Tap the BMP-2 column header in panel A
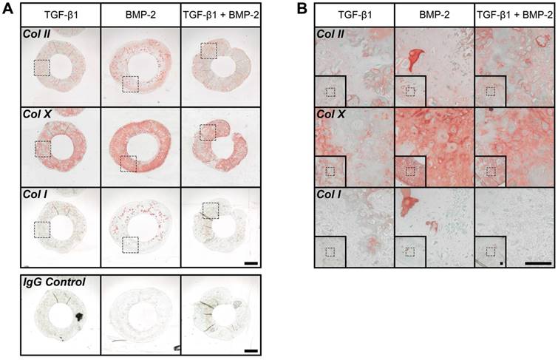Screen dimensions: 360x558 point(140,14)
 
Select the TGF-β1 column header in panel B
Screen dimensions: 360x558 point(354,14)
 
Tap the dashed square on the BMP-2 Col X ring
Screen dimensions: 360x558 point(129,163)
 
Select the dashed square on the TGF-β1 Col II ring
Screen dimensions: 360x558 point(41,68)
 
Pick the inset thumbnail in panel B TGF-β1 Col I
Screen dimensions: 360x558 point(330,250)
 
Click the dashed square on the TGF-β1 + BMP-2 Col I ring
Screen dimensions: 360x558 point(211,211)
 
